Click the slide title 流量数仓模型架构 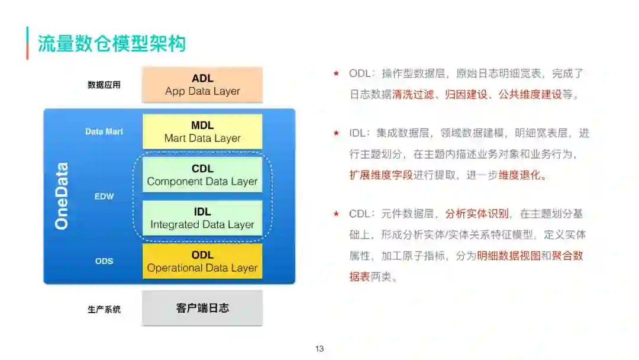click(112, 43)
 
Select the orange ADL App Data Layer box click(202, 85)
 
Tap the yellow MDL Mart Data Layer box click(202, 131)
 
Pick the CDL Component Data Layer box click(202, 175)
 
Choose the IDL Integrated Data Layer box click(202, 218)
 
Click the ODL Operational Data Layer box click(202, 261)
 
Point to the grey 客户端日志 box click(202, 308)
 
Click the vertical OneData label click(62, 196)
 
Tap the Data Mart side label click(104, 131)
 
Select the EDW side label click(104, 196)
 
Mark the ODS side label click(104, 261)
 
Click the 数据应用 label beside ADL click(104, 85)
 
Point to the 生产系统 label click(104, 309)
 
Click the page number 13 click(319, 349)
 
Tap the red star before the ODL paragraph click(336, 74)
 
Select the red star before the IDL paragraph click(336, 133)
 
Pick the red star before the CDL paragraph click(336, 214)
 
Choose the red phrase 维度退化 click(520, 176)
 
